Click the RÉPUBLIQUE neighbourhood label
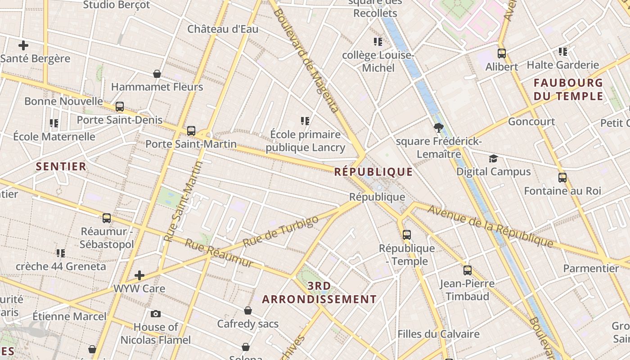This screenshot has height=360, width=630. [x=373, y=172]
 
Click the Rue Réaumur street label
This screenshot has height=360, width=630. [x=219, y=253]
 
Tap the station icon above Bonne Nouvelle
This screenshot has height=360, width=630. [x=120, y=107]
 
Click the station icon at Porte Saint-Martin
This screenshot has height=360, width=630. [x=191, y=131]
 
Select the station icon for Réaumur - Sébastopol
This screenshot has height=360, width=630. [x=107, y=218]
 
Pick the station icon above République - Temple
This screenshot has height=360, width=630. [x=407, y=234]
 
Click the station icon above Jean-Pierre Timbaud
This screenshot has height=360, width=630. [x=468, y=270]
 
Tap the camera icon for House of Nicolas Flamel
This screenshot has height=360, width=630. [x=156, y=314]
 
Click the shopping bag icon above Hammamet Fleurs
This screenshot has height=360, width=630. [x=157, y=74]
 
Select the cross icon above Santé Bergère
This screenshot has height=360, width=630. [x=23, y=45]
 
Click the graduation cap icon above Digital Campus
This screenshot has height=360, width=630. [x=494, y=158]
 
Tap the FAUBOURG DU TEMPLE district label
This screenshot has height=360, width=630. [x=568, y=90]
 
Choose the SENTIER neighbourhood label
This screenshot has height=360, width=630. [x=61, y=166]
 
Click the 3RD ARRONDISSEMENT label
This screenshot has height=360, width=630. [x=319, y=292]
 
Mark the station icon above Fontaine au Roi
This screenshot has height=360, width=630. [x=562, y=178]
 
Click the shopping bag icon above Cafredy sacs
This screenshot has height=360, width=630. [x=248, y=310]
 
